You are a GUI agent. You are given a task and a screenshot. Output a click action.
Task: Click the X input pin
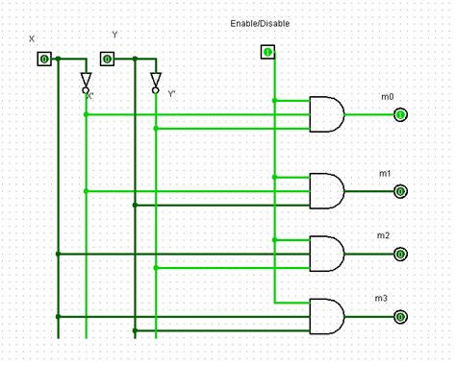click(44, 60)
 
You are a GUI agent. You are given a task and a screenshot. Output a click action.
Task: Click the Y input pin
click(107, 60)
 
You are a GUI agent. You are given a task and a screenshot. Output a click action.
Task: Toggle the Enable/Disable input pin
click(267, 52)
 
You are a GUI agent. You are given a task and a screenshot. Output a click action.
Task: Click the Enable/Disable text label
click(260, 23)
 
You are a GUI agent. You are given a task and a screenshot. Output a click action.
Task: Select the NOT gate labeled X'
click(86, 82)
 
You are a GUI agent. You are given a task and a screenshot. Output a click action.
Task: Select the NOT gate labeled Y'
click(155, 82)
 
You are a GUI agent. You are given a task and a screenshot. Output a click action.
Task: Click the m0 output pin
click(400, 115)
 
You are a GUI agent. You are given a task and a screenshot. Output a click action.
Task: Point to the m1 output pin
click(400, 191)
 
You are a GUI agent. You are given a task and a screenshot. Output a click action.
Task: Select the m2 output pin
click(400, 255)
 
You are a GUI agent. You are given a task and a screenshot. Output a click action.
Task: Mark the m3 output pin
click(400, 316)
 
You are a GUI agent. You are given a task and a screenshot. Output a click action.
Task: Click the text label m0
click(387, 97)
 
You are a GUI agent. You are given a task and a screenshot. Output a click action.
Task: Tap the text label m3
click(381, 299)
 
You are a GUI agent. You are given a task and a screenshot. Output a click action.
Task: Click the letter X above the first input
click(32, 39)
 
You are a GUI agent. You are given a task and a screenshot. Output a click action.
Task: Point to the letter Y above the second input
click(114, 35)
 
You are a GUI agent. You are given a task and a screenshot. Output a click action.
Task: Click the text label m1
click(385, 173)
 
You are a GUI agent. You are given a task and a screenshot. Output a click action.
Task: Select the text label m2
click(383, 235)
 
